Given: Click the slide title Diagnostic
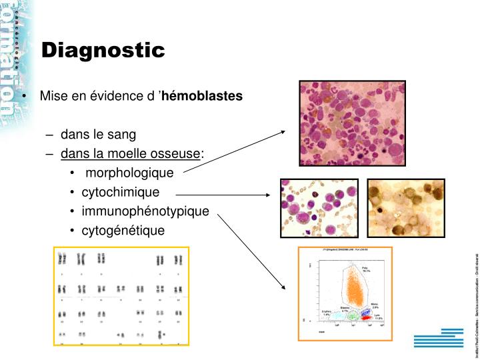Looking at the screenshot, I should click(103, 49).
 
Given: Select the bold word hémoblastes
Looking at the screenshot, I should click(207, 96).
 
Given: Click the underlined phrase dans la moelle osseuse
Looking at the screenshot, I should click(131, 155).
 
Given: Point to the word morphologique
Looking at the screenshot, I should click(129, 173).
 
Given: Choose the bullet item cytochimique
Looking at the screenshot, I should click(121, 193).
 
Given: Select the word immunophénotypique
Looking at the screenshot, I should click(145, 212).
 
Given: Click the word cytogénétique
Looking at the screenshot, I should click(123, 231).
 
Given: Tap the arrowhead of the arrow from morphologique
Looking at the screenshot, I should click(283, 131).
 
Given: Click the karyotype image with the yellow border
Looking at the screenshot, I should click(122, 296).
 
